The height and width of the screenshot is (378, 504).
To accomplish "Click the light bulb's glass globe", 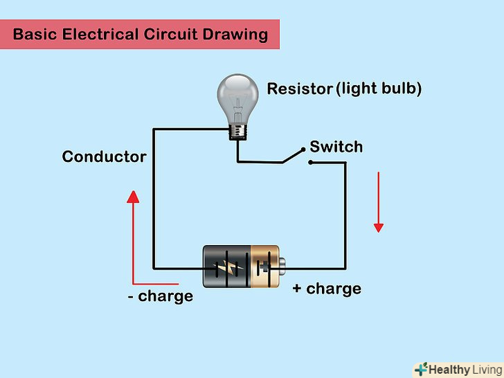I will click(x=238, y=95).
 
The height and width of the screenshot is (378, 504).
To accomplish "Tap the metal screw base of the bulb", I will click(x=239, y=129).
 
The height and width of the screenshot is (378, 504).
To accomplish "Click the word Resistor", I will click(x=299, y=89).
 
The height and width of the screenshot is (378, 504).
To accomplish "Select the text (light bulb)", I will click(x=379, y=89).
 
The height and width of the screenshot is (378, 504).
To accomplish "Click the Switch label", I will click(x=336, y=147).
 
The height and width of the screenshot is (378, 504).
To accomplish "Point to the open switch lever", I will click(x=294, y=156).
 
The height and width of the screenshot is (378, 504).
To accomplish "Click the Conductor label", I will click(x=104, y=156).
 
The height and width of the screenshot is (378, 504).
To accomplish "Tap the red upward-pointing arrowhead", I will click(x=133, y=198).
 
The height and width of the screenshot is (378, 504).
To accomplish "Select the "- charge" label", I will click(x=160, y=296).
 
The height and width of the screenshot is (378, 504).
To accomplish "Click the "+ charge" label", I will click(x=326, y=288).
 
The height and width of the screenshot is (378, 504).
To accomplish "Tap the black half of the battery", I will click(x=225, y=267).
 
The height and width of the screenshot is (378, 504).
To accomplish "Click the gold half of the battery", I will click(x=264, y=267).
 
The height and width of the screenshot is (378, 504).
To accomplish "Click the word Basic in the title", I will click(x=34, y=35).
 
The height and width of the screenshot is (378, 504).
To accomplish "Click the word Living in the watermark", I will click(x=487, y=369).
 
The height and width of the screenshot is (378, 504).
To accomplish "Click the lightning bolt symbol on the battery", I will click(x=226, y=268).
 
